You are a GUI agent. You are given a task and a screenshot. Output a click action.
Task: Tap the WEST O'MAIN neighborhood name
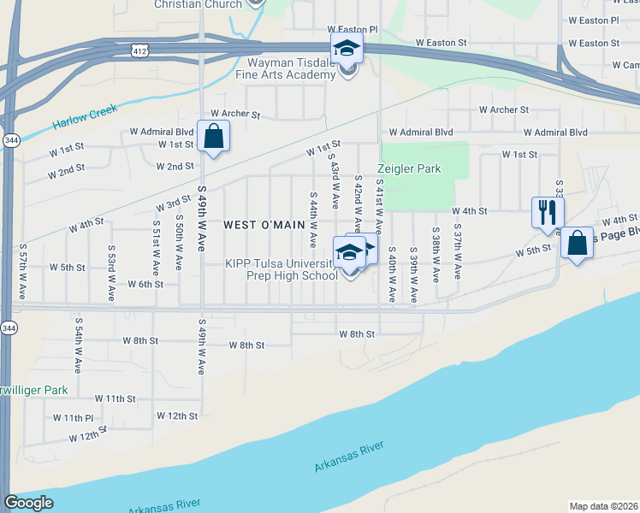(x=264, y=225)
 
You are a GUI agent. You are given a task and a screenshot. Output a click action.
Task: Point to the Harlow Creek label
(x=85, y=117)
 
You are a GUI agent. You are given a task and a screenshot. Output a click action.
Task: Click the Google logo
(x=29, y=503)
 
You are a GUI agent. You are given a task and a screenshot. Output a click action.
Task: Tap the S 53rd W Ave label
(x=111, y=273)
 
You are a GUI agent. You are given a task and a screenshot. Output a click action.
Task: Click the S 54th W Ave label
(x=77, y=346)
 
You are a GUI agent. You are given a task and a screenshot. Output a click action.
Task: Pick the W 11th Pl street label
(x=73, y=418)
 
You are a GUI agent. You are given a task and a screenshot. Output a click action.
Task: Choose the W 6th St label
(x=145, y=284)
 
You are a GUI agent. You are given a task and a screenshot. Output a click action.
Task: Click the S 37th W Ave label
(x=458, y=254)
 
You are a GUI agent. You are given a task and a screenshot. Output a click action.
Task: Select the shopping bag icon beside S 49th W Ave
(x=213, y=135)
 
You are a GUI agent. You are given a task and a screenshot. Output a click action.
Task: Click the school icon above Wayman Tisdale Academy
(x=347, y=48)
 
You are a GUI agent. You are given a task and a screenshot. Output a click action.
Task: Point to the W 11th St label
(x=116, y=398)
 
